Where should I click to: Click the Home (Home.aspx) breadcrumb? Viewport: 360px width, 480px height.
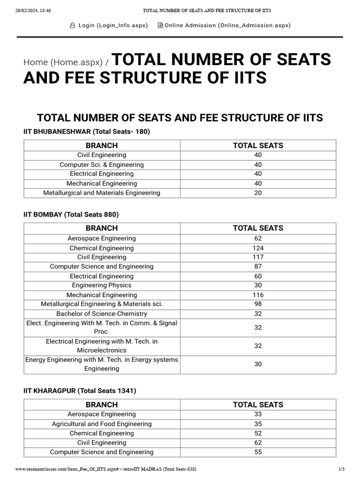pos(63,62)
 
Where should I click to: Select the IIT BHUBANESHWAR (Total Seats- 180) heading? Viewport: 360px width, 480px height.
pos(87,132)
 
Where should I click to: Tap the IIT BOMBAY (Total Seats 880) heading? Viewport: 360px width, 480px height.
pos(71,215)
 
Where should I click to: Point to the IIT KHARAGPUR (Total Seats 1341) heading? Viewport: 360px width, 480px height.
pos(80,391)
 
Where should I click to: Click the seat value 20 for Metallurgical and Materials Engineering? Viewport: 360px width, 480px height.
pos(258,193)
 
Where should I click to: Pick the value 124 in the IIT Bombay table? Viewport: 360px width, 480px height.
pos(258,248)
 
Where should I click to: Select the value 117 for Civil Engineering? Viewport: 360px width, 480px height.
pos(258,257)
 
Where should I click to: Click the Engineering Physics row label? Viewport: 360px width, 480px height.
pos(102,285)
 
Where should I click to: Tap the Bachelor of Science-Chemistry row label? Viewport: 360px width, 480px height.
pos(102,314)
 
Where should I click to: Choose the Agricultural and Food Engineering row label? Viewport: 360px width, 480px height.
pos(102,424)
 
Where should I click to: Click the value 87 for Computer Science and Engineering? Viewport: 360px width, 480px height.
pos(258,267)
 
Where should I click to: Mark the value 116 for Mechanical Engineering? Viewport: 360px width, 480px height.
pos(258,295)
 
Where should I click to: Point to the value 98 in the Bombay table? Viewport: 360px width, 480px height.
pos(258,304)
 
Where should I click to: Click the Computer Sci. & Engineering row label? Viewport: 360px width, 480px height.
pos(102,165)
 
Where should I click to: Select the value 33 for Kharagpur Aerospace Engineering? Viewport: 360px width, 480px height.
pos(258,414)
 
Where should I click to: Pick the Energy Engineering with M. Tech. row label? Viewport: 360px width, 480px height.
pos(102,364)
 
